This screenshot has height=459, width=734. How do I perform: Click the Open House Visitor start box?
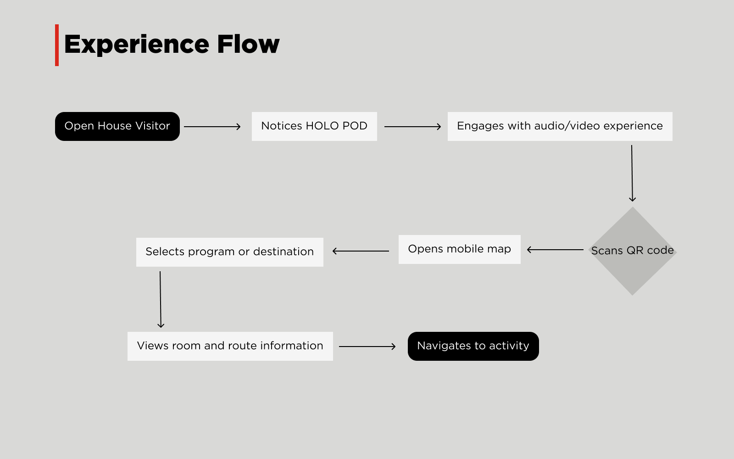pyautogui.click(x=117, y=127)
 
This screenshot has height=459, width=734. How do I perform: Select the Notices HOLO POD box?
pyautogui.click(x=314, y=127)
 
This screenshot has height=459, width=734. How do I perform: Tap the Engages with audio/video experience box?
pyautogui.click(x=560, y=127)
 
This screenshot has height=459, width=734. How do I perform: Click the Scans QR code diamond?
pyautogui.click(x=633, y=251)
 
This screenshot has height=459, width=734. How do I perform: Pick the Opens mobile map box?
pyautogui.click(x=459, y=250)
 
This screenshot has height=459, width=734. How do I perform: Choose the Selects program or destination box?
pyautogui.click(x=230, y=252)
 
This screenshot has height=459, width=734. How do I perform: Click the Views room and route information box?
pyautogui.click(x=230, y=346)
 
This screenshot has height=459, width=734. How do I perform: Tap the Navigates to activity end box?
pyautogui.click(x=473, y=346)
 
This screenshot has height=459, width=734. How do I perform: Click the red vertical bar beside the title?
pyautogui.click(x=57, y=45)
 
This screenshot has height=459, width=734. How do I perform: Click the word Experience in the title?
pyautogui.click(x=137, y=45)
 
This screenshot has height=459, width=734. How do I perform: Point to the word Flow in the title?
pyautogui.click(x=248, y=44)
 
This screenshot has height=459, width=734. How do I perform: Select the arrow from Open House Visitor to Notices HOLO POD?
pyautogui.click(x=212, y=127)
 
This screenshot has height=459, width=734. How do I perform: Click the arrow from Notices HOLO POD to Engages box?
pyautogui.click(x=412, y=127)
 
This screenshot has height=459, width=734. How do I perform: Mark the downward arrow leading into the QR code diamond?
pyautogui.click(x=632, y=173)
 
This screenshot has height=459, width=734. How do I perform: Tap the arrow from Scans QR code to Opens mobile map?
pyautogui.click(x=555, y=250)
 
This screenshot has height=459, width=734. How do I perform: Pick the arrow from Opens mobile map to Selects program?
pyautogui.click(x=361, y=251)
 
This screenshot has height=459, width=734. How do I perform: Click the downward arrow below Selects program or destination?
pyautogui.click(x=160, y=299)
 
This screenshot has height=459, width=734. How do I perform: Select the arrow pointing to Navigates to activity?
pyautogui.click(x=367, y=346)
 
